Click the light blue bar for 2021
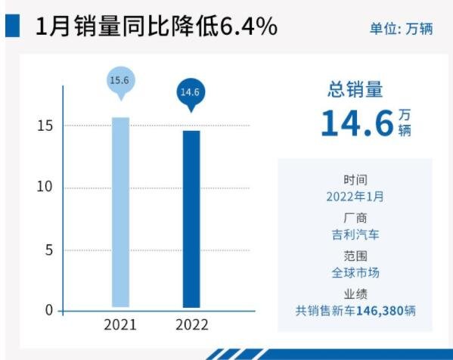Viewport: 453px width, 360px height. [x=120, y=213]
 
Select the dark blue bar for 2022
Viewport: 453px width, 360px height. [x=191, y=219]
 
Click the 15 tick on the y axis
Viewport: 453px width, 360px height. [x=46, y=126]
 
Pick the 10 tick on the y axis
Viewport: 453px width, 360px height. [x=46, y=188]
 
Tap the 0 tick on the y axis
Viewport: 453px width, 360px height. [x=50, y=311]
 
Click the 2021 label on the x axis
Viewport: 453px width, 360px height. [x=120, y=325]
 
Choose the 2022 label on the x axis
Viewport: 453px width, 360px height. [x=191, y=325]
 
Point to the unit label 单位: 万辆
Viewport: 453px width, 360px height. [x=400, y=29]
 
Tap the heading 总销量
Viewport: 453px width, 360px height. [x=355, y=90]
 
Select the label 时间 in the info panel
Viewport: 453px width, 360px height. [x=355, y=180]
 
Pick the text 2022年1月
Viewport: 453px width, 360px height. [x=355, y=197]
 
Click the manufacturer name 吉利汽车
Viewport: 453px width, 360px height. [x=355, y=234]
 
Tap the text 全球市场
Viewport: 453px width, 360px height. [x=355, y=272]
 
